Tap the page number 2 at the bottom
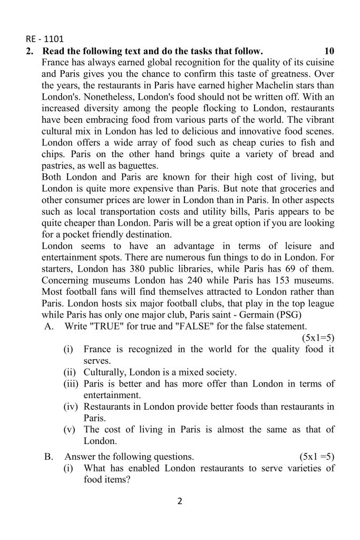(x=180, y=501)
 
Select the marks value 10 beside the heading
(x=329, y=51)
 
